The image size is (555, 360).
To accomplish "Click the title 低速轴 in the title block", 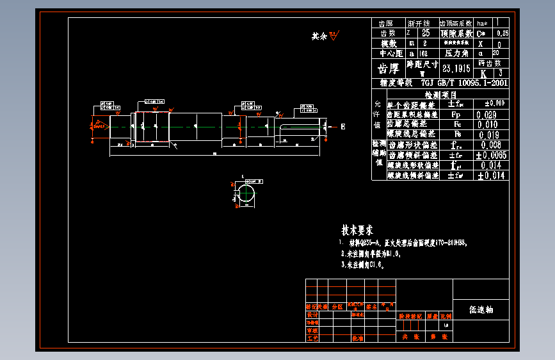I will (481, 310).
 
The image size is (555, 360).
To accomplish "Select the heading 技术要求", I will (357, 230).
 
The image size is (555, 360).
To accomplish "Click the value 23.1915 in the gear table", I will (456, 69).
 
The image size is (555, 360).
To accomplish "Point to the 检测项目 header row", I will (440, 94).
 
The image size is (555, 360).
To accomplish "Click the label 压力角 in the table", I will (457, 54).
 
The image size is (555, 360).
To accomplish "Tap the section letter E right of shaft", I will (342, 127).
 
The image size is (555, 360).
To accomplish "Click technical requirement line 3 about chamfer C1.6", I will (362, 263).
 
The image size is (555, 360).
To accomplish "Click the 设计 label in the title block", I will (312, 315).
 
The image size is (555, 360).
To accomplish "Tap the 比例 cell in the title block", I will (446, 316).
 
